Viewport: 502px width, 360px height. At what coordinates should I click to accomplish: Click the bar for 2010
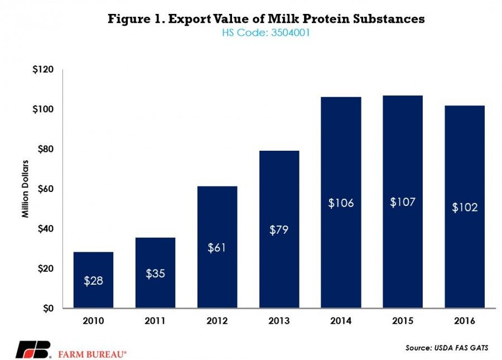[93, 280]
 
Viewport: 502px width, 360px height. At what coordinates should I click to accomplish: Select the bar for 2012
[217, 247]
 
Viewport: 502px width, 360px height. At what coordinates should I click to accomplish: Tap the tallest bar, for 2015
[402, 201]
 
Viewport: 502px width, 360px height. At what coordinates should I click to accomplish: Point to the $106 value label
[340, 203]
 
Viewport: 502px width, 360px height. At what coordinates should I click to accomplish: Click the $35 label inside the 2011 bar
[155, 273]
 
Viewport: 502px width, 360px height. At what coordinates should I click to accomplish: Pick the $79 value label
[278, 229]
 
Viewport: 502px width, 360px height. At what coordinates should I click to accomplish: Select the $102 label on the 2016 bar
[464, 207]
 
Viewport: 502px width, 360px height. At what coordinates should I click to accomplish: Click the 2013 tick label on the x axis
[278, 322]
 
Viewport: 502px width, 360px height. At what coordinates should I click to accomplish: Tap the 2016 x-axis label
[464, 322]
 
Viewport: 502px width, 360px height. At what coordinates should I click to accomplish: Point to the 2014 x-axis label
[340, 322]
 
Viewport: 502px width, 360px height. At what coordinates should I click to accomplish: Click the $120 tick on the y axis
[44, 70]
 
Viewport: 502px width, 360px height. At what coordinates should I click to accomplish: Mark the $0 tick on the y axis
[49, 308]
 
